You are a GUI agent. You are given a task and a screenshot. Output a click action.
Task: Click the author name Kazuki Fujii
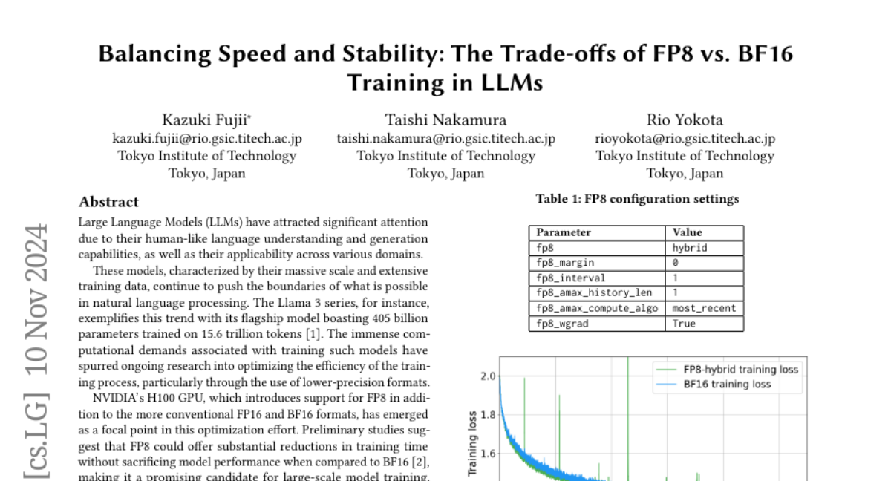[206, 120]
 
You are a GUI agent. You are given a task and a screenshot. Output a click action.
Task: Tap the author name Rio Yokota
[685, 120]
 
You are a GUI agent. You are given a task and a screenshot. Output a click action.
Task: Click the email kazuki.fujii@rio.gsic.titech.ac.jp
[207, 138]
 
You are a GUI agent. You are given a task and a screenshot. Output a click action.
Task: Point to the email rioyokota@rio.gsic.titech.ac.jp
[685, 138]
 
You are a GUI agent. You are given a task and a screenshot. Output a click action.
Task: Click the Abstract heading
[108, 202]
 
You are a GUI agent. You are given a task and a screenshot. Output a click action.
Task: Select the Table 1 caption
[637, 199]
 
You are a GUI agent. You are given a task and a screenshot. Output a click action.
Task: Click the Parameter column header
[564, 232]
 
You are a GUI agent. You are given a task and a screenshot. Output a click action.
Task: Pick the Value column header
[687, 232]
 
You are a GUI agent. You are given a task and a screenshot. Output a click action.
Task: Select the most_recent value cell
[703, 308]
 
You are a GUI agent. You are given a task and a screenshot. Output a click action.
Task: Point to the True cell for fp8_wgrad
[684, 324]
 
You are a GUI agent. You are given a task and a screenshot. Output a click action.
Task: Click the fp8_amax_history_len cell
[594, 293]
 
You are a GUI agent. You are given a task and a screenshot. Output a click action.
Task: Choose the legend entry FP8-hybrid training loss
[740, 370]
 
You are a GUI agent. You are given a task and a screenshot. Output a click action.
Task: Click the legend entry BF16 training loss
[728, 384]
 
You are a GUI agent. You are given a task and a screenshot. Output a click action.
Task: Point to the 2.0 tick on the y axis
[487, 376]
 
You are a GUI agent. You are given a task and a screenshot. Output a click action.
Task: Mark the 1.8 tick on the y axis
[487, 415]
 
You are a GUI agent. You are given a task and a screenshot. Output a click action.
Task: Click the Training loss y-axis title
[471, 443]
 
